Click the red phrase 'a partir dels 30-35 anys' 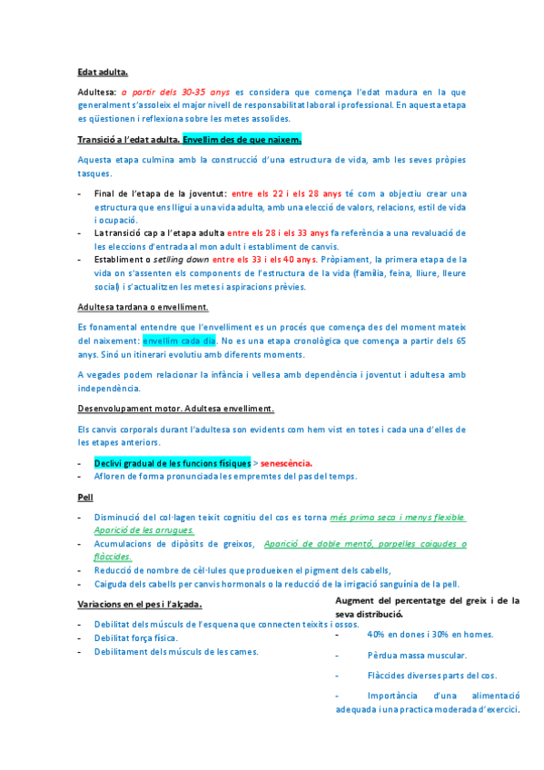(175, 92)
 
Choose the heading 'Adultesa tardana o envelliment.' (143, 307)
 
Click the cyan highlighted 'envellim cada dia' (179, 341)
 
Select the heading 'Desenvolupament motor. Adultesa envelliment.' (176, 409)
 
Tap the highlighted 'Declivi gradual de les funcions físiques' (172, 463)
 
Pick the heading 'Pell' (84, 498)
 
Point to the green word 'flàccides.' (113, 558)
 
